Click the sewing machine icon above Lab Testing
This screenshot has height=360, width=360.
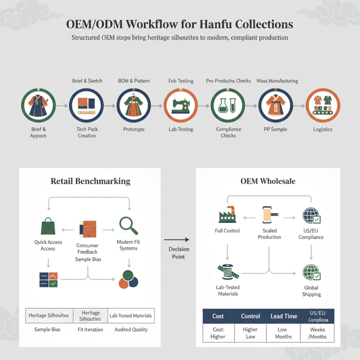click(x=181, y=105)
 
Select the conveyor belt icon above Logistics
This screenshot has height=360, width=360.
click(x=322, y=105)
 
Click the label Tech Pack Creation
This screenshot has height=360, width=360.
click(x=87, y=133)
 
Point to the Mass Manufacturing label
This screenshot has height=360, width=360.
click(x=277, y=81)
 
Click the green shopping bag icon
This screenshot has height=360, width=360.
click(x=48, y=226)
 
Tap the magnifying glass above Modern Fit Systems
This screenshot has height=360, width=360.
click(x=129, y=226)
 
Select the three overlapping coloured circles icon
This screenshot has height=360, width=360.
click(x=129, y=279)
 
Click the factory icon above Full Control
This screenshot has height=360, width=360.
click(x=227, y=214)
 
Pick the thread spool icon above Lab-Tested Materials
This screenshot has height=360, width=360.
click(x=228, y=272)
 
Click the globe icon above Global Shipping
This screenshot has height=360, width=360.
click(x=312, y=272)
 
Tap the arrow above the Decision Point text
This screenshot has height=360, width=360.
click(x=176, y=240)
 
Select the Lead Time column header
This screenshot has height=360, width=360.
click(x=284, y=316)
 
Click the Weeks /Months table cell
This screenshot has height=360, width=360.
click(x=317, y=333)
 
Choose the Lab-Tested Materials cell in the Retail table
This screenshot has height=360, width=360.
click(x=131, y=316)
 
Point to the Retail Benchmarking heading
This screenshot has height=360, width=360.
click(x=91, y=181)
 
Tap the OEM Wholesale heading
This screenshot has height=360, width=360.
click(x=268, y=181)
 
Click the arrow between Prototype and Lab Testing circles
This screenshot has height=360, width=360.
click(x=157, y=106)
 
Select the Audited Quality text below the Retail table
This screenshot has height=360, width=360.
click(x=131, y=330)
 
